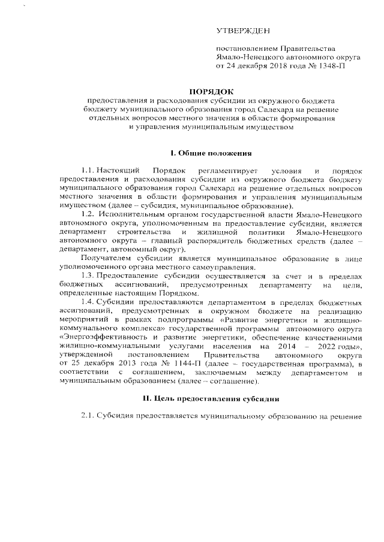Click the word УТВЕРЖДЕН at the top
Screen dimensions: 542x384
coord(243,31)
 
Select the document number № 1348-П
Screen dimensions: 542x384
coord(325,66)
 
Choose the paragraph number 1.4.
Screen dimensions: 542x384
coord(89,302)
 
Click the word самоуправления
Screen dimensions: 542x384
coord(226,267)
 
